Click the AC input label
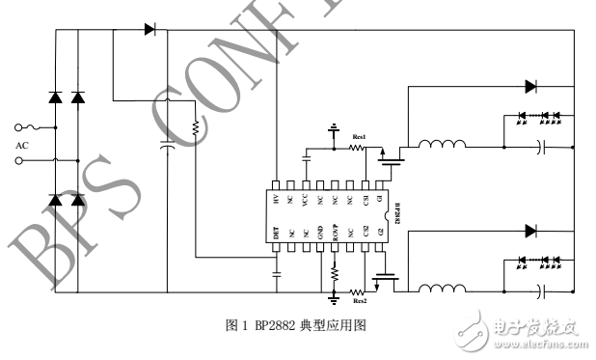click(22, 146)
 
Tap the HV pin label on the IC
click(276, 200)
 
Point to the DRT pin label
click(276, 232)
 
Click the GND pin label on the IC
click(319, 232)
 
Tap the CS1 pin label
click(365, 200)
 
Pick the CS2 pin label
click(365, 232)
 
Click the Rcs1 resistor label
click(359, 137)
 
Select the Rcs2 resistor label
click(359, 300)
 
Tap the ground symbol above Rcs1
click(334, 127)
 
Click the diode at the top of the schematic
click(150, 29)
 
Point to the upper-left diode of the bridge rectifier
click(55, 97)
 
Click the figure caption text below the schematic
click(294, 325)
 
